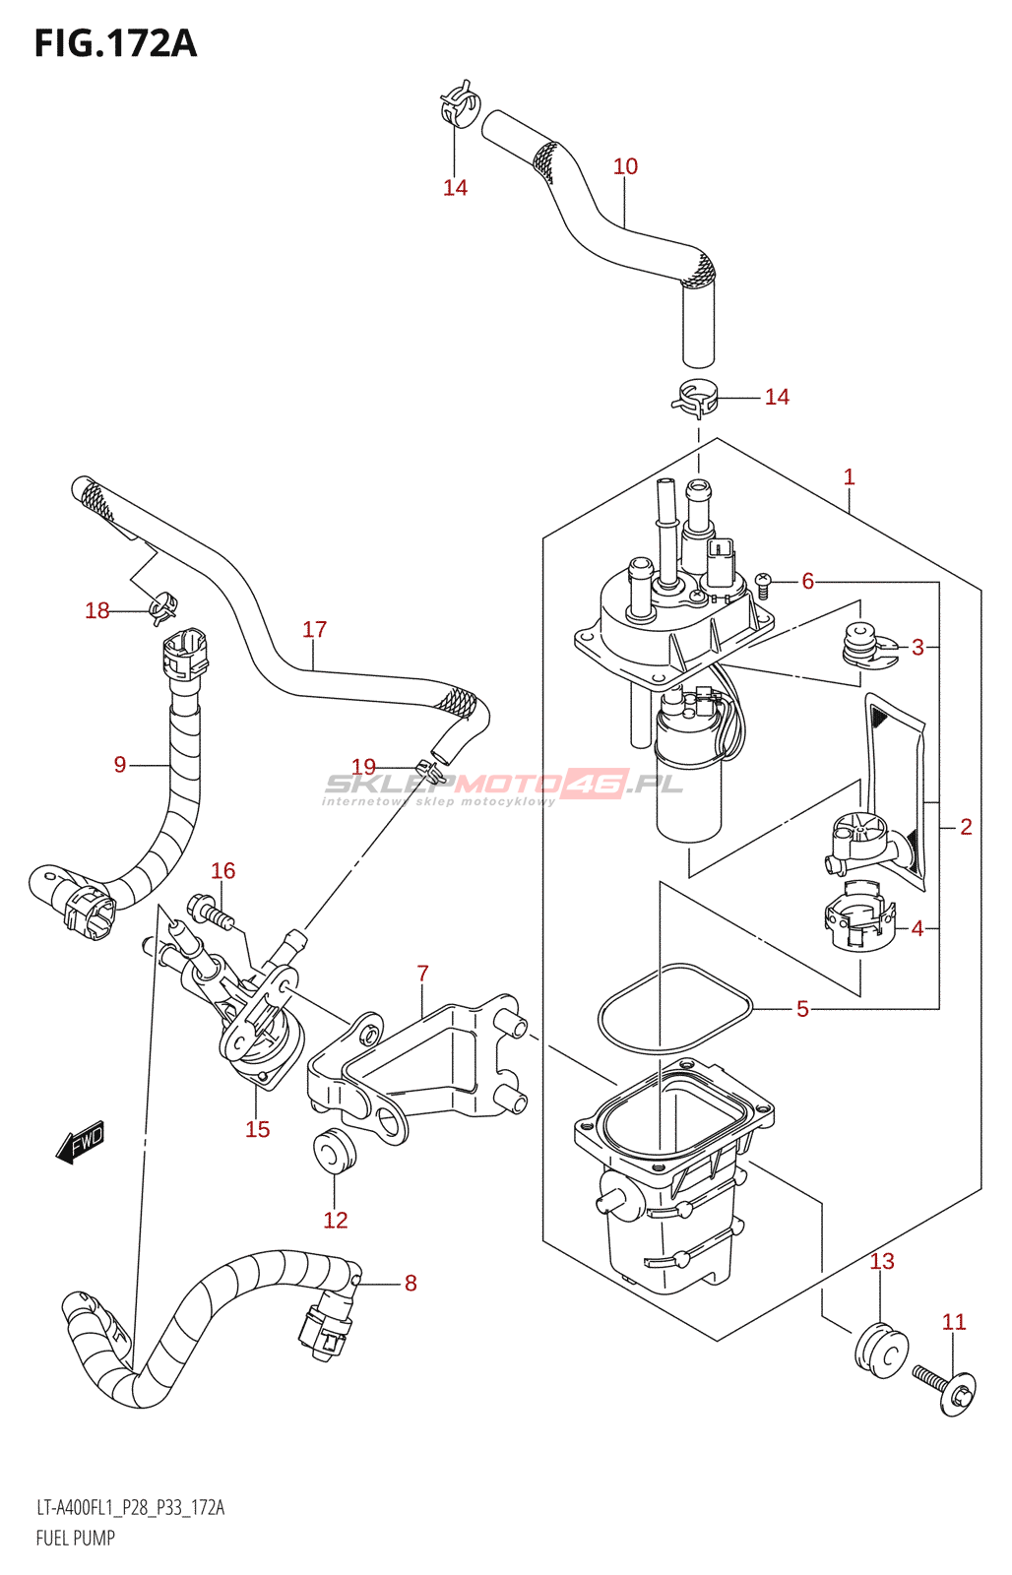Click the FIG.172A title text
click(115, 43)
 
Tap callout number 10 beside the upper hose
click(625, 166)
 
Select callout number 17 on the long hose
click(314, 629)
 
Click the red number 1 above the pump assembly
click(849, 476)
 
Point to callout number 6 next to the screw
click(807, 581)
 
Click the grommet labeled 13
click(882, 1348)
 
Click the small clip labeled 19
click(429, 772)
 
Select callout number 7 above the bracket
click(422, 974)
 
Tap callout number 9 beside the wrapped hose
click(119, 764)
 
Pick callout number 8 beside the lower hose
click(411, 1284)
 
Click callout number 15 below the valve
click(257, 1129)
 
